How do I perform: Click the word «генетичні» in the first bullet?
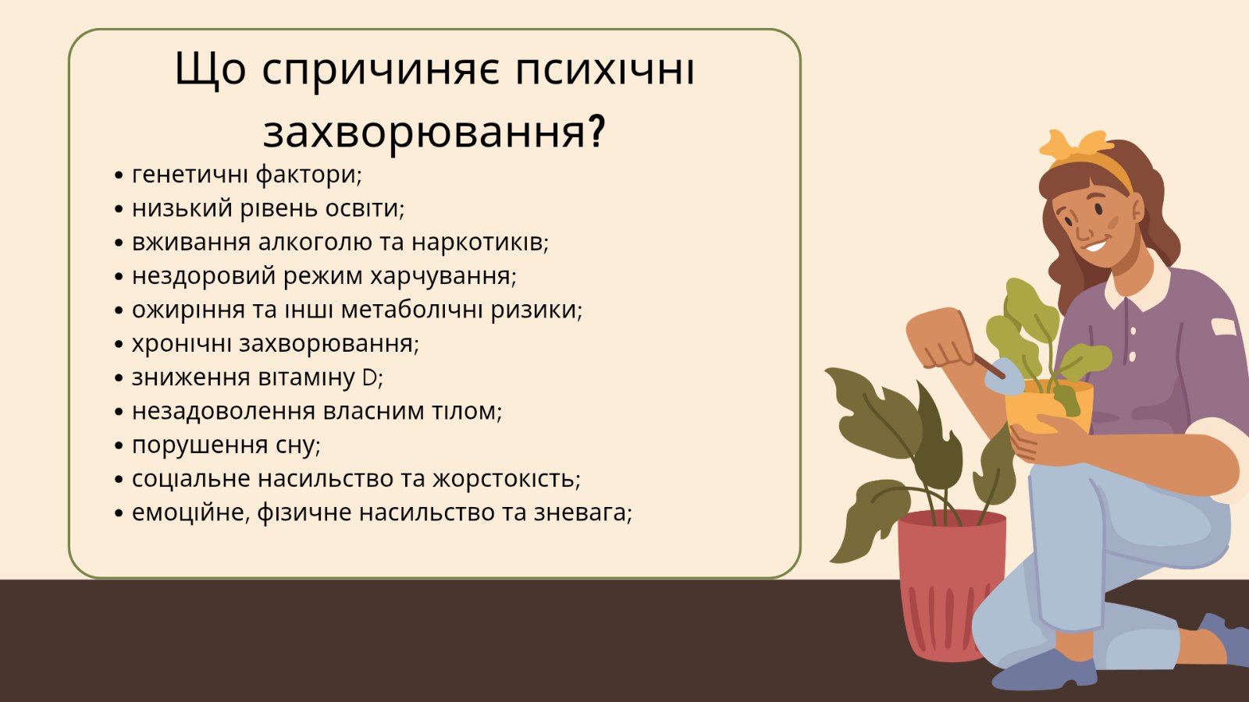[x=190, y=175]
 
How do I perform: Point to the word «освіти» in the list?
[x=365, y=208]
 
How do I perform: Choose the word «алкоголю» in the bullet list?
[x=315, y=243]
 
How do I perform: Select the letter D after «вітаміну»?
[x=369, y=378]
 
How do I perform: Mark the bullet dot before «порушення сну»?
[x=118, y=446]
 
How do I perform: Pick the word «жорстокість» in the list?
[x=507, y=479]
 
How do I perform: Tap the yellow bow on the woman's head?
[x=1073, y=144]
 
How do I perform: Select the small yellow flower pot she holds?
[x=1049, y=406]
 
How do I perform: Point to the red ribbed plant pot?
[x=952, y=585]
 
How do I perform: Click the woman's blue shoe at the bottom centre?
[x=1044, y=672]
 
